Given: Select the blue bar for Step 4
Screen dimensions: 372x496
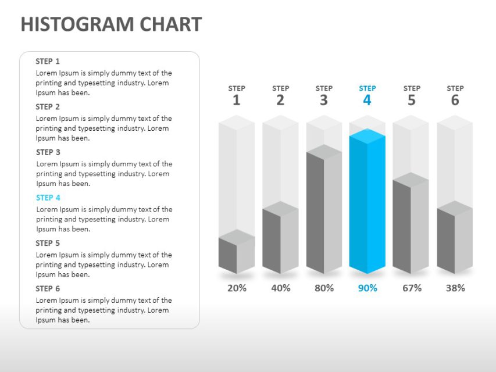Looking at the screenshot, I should (x=367, y=203).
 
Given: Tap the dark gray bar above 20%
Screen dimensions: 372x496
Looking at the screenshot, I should (x=236, y=255).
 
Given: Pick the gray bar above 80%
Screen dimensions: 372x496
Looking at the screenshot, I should (x=324, y=212).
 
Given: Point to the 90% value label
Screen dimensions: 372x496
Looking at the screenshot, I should (x=367, y=288).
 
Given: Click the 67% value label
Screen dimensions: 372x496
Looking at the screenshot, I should (x=412, y=288).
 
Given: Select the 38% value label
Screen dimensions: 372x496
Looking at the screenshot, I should (x=455, y=288).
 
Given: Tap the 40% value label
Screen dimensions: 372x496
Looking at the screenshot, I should (x=280, y=288).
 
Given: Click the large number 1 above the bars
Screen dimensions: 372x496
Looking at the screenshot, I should (x=236, y=101).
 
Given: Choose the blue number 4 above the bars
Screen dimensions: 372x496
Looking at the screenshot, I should (x=367, y=101).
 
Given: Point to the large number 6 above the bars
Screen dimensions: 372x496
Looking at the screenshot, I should (x=455, y=101).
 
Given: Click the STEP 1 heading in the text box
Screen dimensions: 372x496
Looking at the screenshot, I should (x=48, y=61).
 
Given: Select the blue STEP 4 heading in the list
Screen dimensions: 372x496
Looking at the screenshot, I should (x=48, y=198).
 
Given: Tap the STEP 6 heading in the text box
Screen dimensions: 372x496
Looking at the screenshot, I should (x=48, y=288).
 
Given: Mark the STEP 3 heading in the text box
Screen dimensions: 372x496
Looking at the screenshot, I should (x=48, y=152).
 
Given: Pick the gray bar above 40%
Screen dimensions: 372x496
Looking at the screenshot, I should (x=280, y=239).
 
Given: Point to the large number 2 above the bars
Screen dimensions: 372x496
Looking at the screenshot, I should (x=280, y=101).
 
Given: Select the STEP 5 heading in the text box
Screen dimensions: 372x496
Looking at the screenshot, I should (x=48, y=243).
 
